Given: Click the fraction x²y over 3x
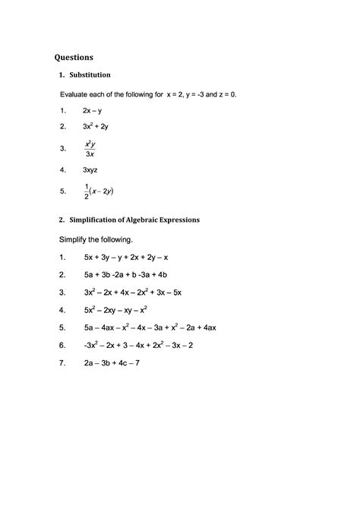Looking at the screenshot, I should (90, 148).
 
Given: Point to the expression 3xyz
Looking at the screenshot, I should (91, 171).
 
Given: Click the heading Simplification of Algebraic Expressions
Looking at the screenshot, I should (134, 220).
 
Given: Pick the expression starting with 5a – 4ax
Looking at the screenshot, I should (150, 327).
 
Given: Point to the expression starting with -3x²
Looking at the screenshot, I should (139, 345).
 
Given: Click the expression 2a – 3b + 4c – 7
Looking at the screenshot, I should (112, 362).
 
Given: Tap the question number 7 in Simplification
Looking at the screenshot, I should (62, 362).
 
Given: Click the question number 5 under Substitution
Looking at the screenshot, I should (62, 192).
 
